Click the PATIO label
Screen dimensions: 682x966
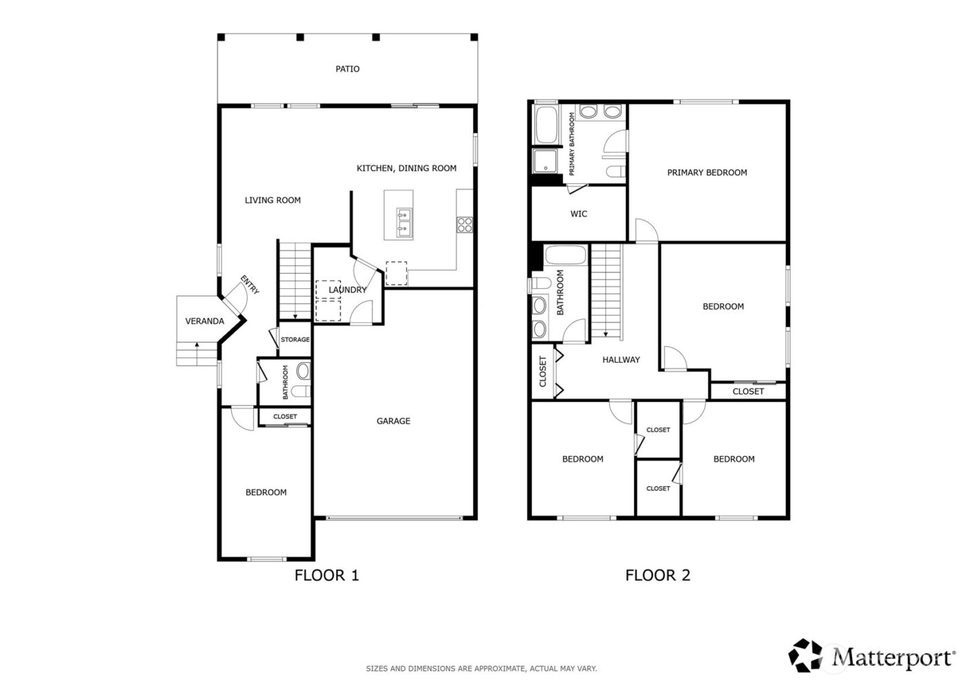tap(347, 69)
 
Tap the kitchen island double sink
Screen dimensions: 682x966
tap(403, 222)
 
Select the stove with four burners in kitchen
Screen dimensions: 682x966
tap(465, 223)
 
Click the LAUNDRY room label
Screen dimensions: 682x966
tap(347, 290)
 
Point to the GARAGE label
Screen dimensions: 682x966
tap(393, 421)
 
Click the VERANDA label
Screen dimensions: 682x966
tap(204, 321)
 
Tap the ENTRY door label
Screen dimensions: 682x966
tap(250, 285)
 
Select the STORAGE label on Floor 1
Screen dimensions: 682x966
tap(295, 340)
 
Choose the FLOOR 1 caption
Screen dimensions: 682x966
tap(326, 574)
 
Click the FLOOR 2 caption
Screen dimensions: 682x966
tap(657, 574)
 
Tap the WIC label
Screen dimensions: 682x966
tap(578, 214)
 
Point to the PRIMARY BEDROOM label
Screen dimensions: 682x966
tap(707, 172)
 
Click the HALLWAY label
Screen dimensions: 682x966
tap(620, 359)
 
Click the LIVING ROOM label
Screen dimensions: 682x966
tap(273, 200)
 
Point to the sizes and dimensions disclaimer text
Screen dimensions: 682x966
tap(481, 668)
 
